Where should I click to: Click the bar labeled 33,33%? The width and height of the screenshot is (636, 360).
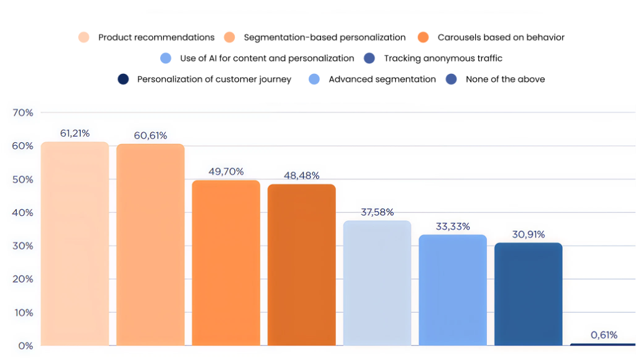pos(453,290)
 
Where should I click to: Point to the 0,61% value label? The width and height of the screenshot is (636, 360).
pos(604,335)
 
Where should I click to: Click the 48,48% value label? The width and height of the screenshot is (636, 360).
pos(302,176)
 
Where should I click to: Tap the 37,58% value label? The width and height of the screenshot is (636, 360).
pos(378,212)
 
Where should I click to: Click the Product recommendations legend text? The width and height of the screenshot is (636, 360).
pos(157,37)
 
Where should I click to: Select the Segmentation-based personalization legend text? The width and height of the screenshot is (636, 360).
pos(325,37)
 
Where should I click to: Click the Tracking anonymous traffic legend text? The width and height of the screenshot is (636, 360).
pos(443,58)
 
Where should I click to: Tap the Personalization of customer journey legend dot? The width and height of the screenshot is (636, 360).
pos(124,79)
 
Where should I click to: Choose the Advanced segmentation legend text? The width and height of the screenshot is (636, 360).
pos(382,79)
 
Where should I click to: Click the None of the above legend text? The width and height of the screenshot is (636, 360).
pos(505,79)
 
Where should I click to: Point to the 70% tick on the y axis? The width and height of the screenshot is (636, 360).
pos(22,113)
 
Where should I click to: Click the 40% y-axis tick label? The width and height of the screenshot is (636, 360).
pos(22,213)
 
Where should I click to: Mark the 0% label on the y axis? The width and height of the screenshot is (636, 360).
pos(25,346)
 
